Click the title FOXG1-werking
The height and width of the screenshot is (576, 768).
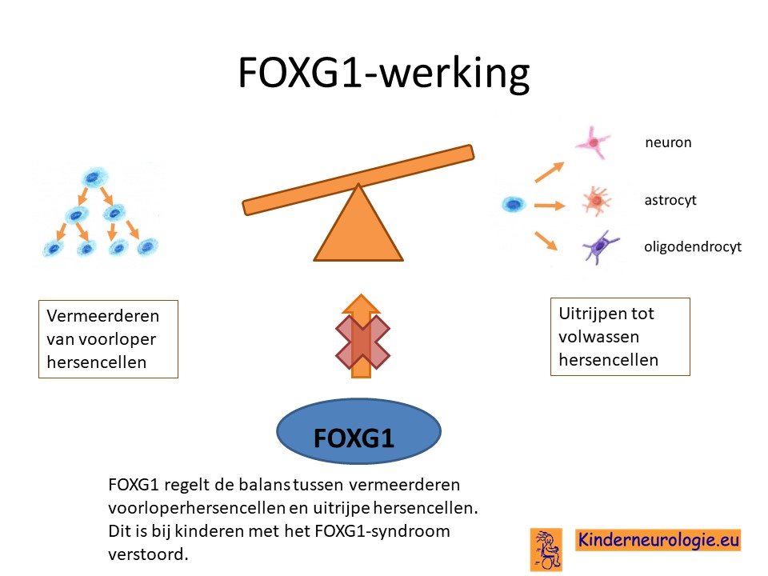(x=383, y=73)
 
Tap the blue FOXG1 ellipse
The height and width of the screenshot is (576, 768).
(x=359, y=431)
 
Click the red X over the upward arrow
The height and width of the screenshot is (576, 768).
(x=362, y=342)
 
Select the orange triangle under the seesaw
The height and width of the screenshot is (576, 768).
(x=358, y=223)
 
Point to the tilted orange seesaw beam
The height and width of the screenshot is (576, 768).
(x=358, y=180)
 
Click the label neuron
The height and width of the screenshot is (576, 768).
(x=668, y=142)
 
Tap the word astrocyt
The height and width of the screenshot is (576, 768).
(x=670, y=200)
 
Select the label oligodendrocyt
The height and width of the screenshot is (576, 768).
(x=693, y=246)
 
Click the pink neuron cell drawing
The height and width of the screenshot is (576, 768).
(x=593, y=142)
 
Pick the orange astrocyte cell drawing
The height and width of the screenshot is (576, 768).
(x=596, y=200)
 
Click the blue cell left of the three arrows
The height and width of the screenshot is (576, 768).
(x=514, y=204)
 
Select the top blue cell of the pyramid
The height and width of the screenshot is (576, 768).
(x=94, y=178)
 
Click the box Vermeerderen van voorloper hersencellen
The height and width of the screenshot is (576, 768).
(x=108, y=339)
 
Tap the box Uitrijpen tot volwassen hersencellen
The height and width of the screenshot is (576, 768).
(x=620, y=337)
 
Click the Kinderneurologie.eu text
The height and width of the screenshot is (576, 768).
(x=658, y=540)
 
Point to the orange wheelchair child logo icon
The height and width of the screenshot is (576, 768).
(x=546, y=549)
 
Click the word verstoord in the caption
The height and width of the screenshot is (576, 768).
(x=148, y=554)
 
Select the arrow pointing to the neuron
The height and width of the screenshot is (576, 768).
(x=549, y=172)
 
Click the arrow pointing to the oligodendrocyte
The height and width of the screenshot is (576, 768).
(x=546, y=241)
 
